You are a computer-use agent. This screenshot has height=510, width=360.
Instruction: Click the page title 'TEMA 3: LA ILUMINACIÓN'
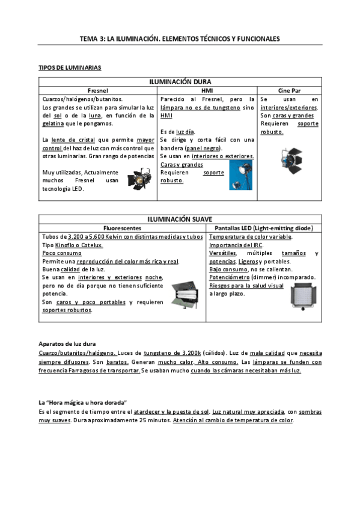coord(180,38)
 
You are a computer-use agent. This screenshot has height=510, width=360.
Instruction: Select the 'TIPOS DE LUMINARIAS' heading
coord(70,68)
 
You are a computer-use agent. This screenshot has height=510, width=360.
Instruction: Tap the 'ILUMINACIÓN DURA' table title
coord(180,82)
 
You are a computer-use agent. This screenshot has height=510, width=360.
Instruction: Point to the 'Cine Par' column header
coord(289,90)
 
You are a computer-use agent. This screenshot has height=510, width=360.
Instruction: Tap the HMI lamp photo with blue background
coord(240,174)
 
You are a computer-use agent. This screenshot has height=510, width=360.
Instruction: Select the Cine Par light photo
coord(291,158)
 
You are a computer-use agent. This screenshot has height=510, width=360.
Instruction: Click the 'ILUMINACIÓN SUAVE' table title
coord(180,220)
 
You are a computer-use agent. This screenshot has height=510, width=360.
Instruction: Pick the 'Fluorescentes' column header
coord(123,229)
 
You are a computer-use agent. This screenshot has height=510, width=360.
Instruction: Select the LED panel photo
coord(302,298)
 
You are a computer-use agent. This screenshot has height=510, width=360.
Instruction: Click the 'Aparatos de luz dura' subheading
coord(67,343)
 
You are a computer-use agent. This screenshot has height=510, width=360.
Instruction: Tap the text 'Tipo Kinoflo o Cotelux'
coord(73,245)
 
